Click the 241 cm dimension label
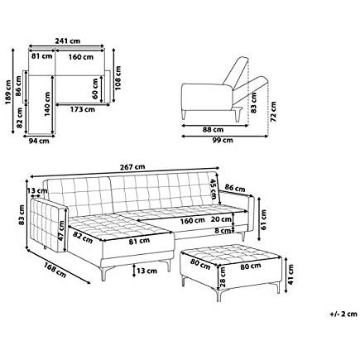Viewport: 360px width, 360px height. pos(68,41)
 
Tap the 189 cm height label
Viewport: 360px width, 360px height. pos(8,92)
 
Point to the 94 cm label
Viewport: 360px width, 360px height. pos(39,141)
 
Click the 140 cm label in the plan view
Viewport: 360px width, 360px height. pos(47,104)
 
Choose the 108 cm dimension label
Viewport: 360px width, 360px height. pos(118,78)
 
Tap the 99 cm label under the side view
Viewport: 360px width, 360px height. pos(223,140)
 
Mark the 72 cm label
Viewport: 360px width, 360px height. pos(273,112)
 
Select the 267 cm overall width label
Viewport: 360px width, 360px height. pos(132,167)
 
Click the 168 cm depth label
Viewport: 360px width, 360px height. pos(55,270)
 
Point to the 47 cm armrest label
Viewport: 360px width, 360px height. pos(61,231)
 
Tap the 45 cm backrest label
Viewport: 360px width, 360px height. pos(214,190)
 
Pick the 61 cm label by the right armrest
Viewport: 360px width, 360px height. pos(263,220)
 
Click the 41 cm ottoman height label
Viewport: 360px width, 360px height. pos(290,274)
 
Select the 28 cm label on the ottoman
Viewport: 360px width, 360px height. pos(223,277)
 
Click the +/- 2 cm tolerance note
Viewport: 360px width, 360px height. pos(343,314)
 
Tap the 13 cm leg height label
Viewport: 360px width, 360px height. pos(146,271)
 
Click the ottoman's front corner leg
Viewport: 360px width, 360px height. pos(218,295)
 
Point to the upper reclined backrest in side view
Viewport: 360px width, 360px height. pos(236,70)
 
